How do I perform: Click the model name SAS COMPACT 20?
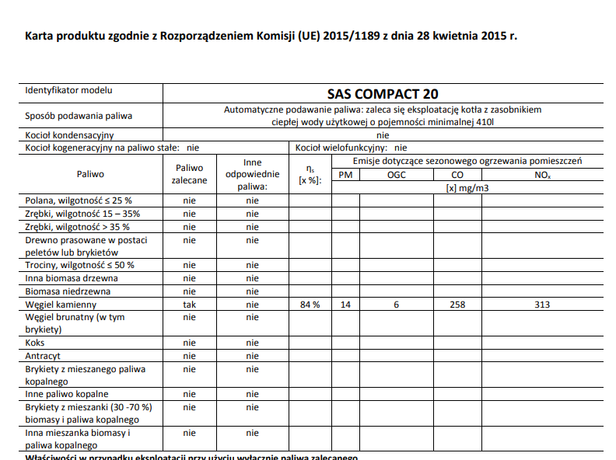click(382, 94)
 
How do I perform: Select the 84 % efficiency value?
click(310, 305)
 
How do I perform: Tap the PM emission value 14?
click(345, 305)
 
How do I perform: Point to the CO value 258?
click(457, 305)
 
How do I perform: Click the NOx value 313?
click(542, 305)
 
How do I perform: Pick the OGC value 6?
click(396, 305)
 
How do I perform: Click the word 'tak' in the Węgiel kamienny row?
click(189, 305)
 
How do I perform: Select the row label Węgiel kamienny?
click(61, 305)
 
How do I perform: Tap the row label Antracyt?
click(44, 356)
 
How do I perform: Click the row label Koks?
click(35, 343)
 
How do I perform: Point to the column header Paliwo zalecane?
click(189, 173)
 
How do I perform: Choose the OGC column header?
click(396, 175)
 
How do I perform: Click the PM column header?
click(345, 175)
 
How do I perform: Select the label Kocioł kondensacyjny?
click(70, 135)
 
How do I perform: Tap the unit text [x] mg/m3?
click(467, 187)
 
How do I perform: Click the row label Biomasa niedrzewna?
click(68, 291)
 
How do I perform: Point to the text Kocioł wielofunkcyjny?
click(341, 147)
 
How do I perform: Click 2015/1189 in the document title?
click(349, 36)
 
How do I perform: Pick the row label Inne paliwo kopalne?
click(67, 394)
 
